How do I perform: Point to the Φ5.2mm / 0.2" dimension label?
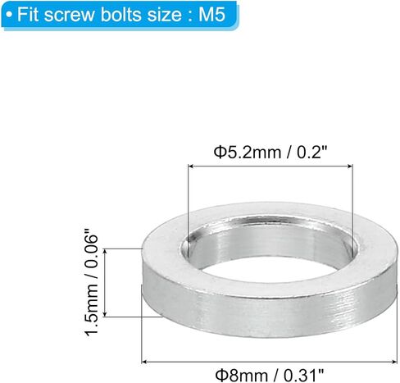[x=270, y=151]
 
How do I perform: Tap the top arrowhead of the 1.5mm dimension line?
[x=108, y=249]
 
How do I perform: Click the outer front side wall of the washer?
[x=246, y=316]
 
